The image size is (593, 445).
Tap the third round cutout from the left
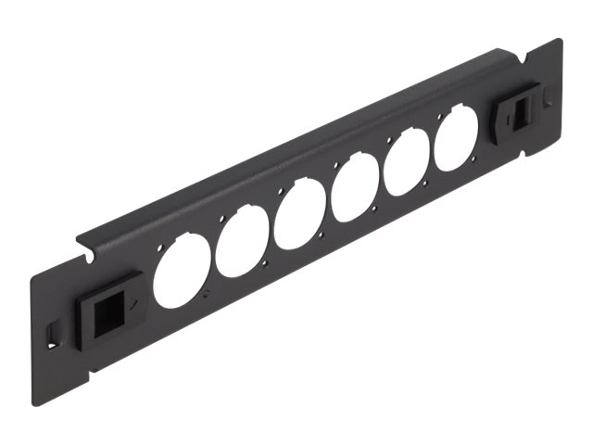click(x=298, y=216)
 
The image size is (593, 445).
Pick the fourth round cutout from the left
click(x=354, y=190)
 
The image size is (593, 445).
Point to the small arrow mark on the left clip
click(x=137, y=303)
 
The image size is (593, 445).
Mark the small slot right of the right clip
click(x=549, y=94)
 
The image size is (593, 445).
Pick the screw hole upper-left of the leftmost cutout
click(x=165, y=248)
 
